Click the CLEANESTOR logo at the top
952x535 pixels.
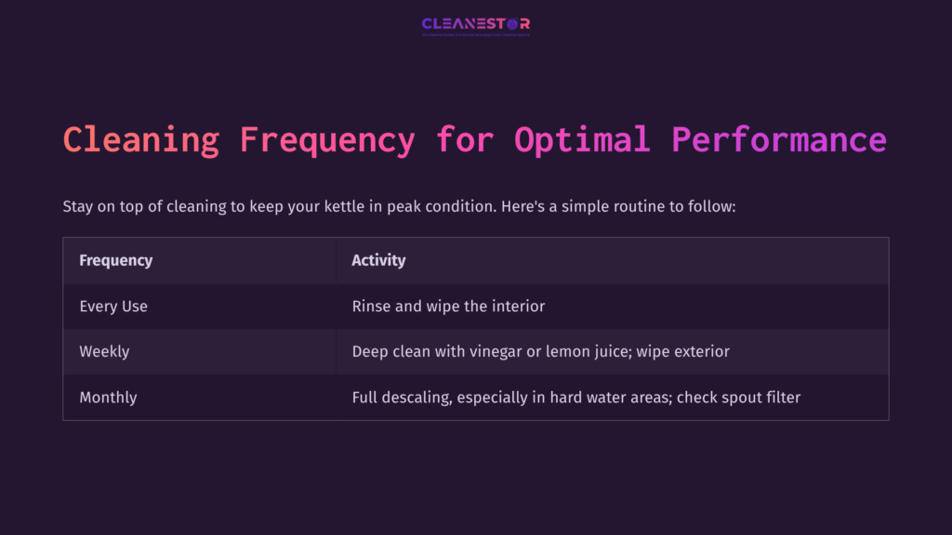pyautogui.click(x=475, y=24)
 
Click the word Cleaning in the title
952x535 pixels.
pyautogui.click(x=141, y=140)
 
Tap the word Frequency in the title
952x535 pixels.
pyautogui.click(x=327, y=140)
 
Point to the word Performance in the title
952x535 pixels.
pyautogui.click(x=779, y=140)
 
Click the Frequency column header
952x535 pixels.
pyautogui.click(x=115, y=260)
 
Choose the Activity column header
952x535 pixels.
pyautogui.click(x=378, y=260)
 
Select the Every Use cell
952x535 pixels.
pyautogui.click(x=113, y=306)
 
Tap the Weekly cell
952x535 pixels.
pyautogui.click(x=104, y=351)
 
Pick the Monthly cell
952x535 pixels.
pyautogui.click(x=108, y=397)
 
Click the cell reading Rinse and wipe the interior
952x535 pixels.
pyautogui.click(x=448, y=306)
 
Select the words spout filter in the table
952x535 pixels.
pyautogui.click(x=759, y=397)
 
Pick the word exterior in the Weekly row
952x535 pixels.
pyautogui.click(x=698, y=351)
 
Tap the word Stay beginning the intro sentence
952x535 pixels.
pyautogui.click(x=78, y=205)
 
